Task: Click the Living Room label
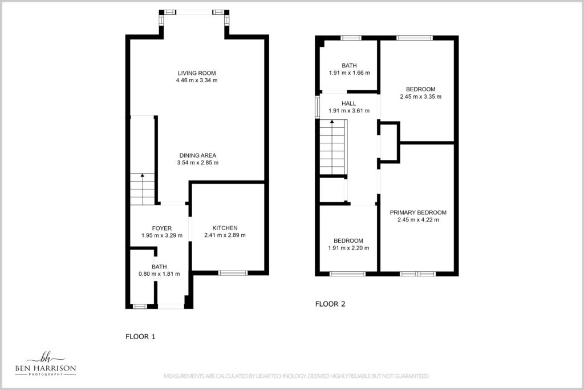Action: [x=197, y=73]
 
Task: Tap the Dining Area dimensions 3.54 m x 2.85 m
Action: [x=198, y=163]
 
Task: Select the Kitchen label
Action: [x=225, y=228]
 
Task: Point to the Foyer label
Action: [x=161, y=228]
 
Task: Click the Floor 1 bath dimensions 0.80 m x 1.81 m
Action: [x=159, y=274]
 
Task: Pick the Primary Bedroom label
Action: [x=418, y=212]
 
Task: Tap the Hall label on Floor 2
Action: [x=348, y=103]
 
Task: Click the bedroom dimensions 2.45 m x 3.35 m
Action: [x=420, y=97]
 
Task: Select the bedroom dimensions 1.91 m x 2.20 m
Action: [x=348, y=248]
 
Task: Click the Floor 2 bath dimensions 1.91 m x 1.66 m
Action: [x=349, y=73]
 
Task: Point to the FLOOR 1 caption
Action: [x=140, y=337]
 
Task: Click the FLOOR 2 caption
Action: [x=330, y=304]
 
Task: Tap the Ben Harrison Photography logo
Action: [x=46, y=364]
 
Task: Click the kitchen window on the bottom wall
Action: [x=233, y=274]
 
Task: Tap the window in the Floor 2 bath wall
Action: [x=351, y=38]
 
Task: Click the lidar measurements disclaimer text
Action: [x=297, y=376]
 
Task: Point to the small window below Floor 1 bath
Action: [x=140, y=307]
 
